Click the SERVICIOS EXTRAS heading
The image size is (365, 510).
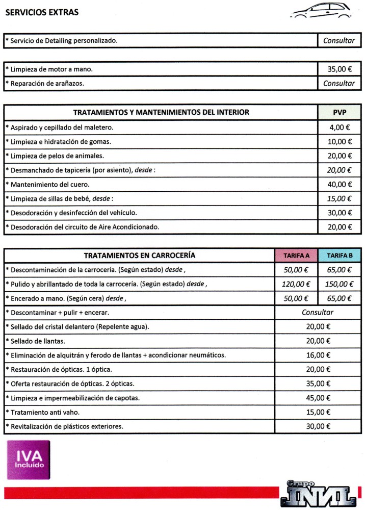42,12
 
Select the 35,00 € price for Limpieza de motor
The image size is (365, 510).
338,69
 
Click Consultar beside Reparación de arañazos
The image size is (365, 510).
338,83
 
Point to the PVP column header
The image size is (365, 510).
339,112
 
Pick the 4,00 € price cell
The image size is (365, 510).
339,127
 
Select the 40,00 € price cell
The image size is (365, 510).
339,184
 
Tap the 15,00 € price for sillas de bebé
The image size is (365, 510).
339,198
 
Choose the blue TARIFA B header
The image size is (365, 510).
340,255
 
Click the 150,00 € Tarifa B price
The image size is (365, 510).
340,284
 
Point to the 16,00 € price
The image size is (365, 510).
318,355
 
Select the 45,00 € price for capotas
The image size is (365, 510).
318,398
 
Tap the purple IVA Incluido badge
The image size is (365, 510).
29,460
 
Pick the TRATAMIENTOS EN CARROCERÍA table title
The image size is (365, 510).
139,255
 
